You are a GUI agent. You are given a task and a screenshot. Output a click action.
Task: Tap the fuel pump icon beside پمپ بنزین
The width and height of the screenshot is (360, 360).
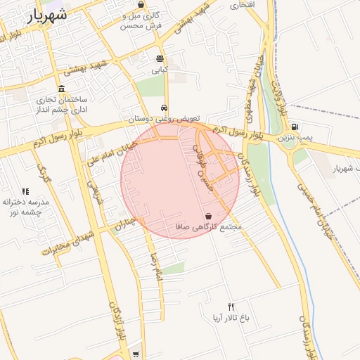click(x=294, y=127)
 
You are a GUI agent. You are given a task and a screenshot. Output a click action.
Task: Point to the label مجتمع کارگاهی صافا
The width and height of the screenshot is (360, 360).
click(x=209, y=227)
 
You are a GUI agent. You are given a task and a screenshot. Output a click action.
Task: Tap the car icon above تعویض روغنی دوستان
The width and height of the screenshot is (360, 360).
click(x=164, y=108)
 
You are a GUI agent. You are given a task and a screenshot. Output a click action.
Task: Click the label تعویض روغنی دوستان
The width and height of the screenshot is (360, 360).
click(x=164, y=120)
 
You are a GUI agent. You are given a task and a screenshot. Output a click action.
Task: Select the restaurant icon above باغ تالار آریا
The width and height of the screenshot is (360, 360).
click(x=231, y=307)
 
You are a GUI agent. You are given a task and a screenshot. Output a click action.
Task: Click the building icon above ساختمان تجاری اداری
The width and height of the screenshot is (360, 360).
click(x=62, y=89)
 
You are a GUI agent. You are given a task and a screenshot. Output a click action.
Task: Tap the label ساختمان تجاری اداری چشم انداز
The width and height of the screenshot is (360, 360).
click(x=63, y=105)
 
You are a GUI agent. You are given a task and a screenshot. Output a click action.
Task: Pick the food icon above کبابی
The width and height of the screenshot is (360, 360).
click(x=160, y=59)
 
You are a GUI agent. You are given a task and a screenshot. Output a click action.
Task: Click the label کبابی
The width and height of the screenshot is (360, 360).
click(x=160, y=70)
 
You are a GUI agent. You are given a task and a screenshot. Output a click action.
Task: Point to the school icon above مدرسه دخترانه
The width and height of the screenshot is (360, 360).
click(x=25, y=191)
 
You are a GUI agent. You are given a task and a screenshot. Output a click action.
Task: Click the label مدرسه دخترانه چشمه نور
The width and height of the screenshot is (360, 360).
click(x=23, y=207)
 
